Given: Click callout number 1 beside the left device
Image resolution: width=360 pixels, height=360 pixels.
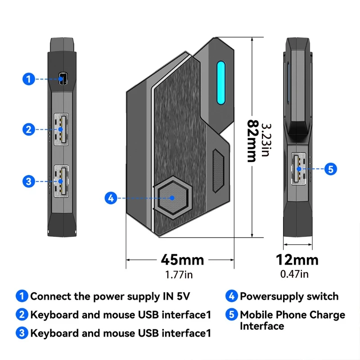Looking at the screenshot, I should pos(28,79).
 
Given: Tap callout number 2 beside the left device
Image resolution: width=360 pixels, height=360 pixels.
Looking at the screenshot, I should pos(28,130).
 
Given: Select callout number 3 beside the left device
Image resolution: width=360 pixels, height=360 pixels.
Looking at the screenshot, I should pos(28,181).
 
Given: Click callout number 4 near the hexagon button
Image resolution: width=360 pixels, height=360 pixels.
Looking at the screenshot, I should pos(111,198).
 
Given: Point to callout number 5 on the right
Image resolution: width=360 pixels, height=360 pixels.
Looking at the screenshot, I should pos(330,169).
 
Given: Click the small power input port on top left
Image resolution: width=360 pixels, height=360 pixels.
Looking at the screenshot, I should pos(63,79).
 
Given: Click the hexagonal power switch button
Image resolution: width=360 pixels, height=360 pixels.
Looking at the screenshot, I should pos(173,198).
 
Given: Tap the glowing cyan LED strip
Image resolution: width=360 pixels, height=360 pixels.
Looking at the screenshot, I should pos(221,82).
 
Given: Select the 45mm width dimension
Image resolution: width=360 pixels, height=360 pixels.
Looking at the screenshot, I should pos(182,260).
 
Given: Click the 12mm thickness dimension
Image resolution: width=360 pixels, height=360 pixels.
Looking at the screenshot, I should pos(297,260).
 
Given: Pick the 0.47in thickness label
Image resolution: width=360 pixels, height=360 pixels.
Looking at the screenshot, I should pos(295,274).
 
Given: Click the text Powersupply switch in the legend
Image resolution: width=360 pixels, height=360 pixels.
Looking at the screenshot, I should pos(289,297).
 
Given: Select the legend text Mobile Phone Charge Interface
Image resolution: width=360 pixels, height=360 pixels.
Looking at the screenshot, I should pos(292,320).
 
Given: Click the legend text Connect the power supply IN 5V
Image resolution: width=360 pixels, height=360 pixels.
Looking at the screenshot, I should pos(110,297).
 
